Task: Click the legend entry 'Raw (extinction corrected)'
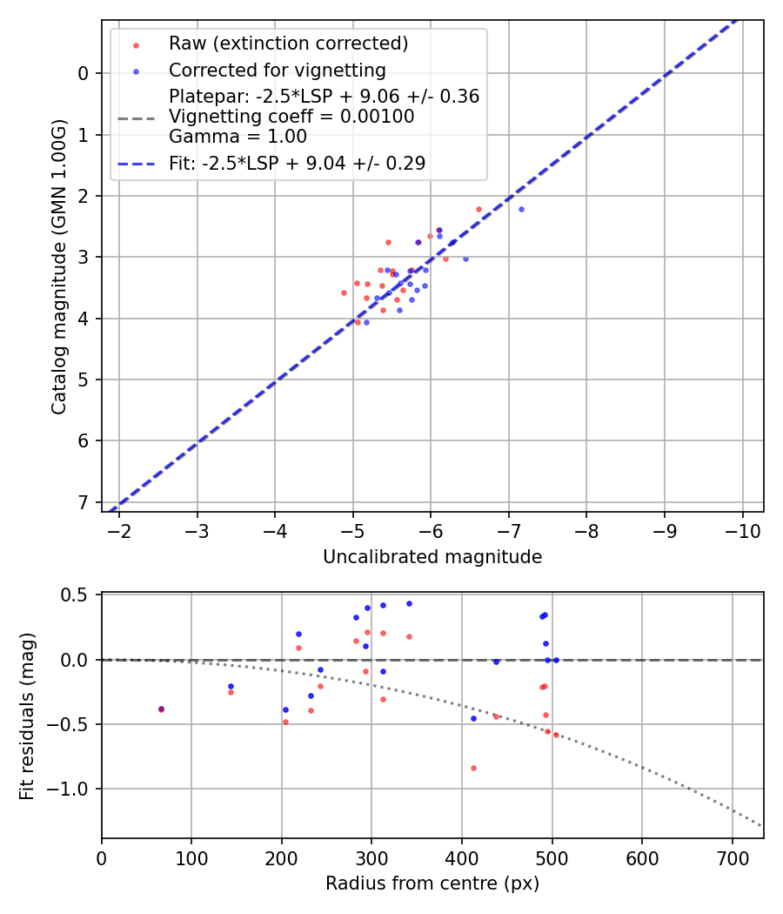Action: point(288,44)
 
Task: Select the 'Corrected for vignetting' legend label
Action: point(277,70)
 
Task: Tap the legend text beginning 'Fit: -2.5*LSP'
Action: point(297,163)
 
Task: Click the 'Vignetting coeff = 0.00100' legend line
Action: point(291,116)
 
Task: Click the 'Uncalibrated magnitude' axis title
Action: point(432,557)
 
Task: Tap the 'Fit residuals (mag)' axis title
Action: point(27,715)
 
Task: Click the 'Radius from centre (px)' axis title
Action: point(432,884)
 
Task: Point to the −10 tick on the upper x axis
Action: point(742,531)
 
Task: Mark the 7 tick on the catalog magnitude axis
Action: point(84,502)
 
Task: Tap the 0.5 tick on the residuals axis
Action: point(78,595)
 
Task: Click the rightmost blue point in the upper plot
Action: point(521,209)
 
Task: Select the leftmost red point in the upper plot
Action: point(344,292)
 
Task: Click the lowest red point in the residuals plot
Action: point(473,768)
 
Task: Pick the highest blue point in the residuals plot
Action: point(409,603)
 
